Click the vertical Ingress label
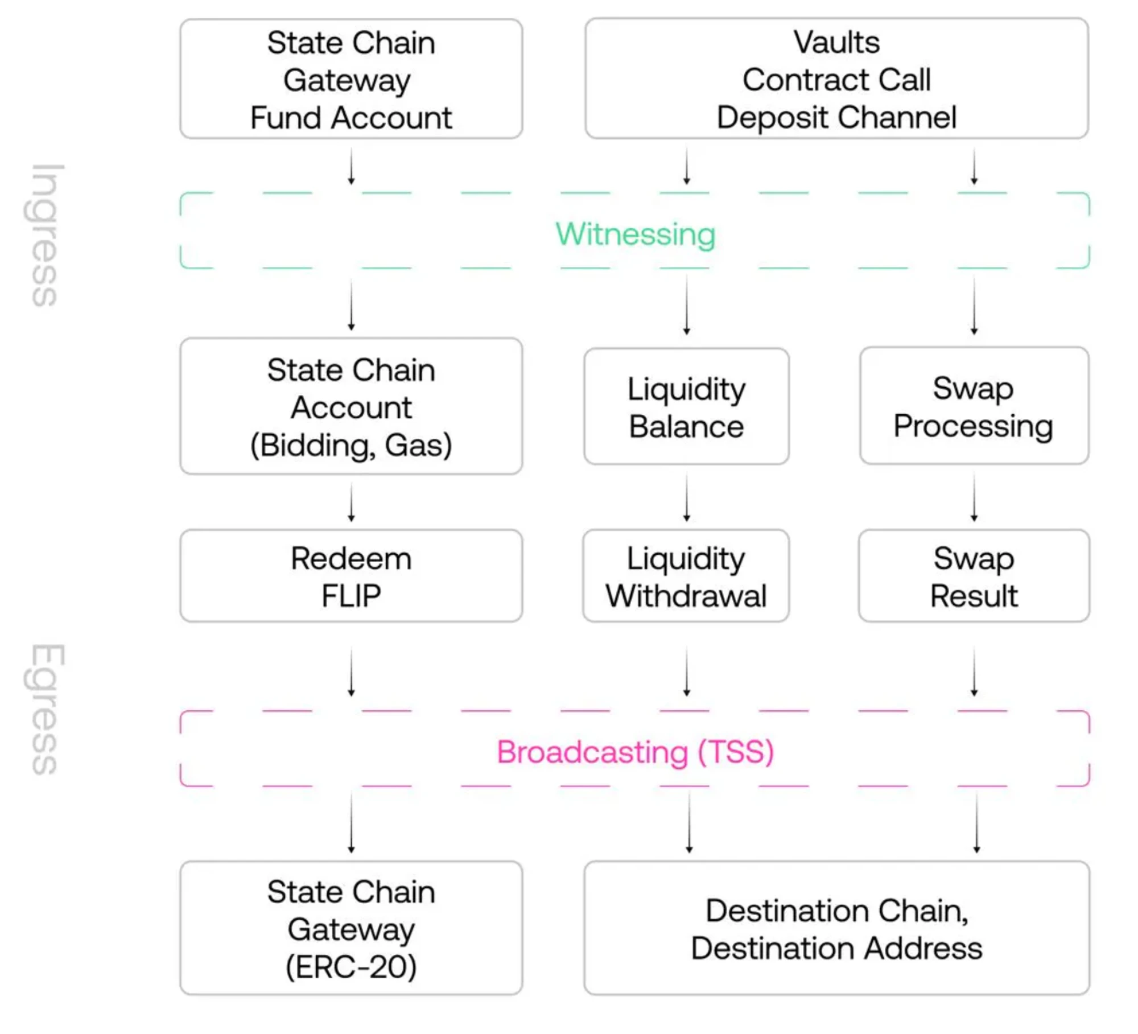coord(45,235)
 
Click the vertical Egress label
coord(45,709)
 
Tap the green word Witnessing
coord(635,234)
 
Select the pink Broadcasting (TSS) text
coord(635,752)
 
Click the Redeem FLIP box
coord(351,576)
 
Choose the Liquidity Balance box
coord(686,407)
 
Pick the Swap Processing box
coord(974,406)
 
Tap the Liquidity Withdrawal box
coord(686,576)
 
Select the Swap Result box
coord(974,576)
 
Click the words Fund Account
coord(351,118)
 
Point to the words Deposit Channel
coord(836,117)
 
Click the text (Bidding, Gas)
coord(351,445)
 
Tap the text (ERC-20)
coord(351,967)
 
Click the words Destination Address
coord(836,948)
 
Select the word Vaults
coord(836,42)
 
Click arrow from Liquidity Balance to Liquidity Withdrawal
coord(686,498)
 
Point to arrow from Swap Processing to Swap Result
coord(974,498)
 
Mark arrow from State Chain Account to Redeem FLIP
coord(351,502)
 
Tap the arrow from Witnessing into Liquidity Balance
coord(686,305)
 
